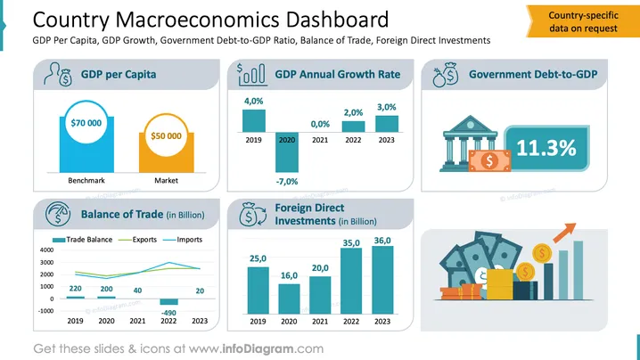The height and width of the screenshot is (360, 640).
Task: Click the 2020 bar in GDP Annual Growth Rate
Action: (287, 151)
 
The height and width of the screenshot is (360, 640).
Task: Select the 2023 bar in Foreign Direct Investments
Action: (382, 280)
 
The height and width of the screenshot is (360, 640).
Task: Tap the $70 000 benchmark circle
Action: (86, 122)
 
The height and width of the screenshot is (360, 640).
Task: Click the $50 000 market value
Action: (166, 136)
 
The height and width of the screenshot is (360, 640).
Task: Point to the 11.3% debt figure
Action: (546, 148)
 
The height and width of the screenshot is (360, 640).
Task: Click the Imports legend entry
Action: (183, 240)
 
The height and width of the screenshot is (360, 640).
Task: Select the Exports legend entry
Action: (137, 240)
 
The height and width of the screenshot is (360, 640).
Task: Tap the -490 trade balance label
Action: (168, 313)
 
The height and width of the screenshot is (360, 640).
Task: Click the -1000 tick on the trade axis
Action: (46, 311)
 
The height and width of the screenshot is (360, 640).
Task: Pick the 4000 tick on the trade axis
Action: (46, 250)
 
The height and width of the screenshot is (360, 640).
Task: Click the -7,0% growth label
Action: (287, 181)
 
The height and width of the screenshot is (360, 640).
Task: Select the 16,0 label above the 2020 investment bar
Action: (289, 275)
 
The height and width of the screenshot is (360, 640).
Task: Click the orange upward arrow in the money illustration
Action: (564, 232)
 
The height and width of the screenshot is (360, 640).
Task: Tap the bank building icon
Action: (471, 143)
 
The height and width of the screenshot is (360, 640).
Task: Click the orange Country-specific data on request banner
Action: (583, 21)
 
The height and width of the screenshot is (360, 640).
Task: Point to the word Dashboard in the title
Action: (337, 20)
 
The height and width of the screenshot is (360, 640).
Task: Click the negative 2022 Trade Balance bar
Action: (168, 301)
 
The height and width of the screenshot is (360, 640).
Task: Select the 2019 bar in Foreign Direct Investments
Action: (258, 290)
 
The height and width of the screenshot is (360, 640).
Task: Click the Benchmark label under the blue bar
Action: (86, 180)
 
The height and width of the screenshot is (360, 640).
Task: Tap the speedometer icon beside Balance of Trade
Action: (58, 214)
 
